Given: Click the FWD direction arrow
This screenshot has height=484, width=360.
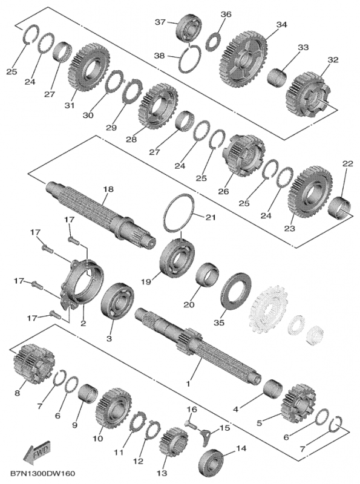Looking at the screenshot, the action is [x=36, y=452].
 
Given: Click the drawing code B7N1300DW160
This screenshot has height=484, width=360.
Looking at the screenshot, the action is [x=42, y=474].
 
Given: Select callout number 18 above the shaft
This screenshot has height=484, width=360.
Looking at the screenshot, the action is [x=108, y=189].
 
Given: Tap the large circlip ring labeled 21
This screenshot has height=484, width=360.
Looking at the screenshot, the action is [x=178, y=213].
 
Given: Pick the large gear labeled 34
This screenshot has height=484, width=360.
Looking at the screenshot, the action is [x=244, y=58].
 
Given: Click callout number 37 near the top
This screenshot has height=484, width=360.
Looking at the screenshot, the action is [x=160, y=22].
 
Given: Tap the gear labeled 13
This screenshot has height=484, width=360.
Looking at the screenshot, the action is [x=174, y=442].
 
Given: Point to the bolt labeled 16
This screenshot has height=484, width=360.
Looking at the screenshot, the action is [x=190, y=424].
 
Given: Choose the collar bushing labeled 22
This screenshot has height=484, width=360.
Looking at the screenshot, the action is [x=339, y=208].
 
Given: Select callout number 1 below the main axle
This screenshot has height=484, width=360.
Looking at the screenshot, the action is [x=188, y=384].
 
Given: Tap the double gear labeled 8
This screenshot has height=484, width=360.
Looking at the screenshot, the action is [x=34, y=364].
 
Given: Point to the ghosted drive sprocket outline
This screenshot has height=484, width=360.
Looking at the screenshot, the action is [x=267, y=308].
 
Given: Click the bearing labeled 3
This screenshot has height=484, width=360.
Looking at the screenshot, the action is [x=117, y=300].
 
